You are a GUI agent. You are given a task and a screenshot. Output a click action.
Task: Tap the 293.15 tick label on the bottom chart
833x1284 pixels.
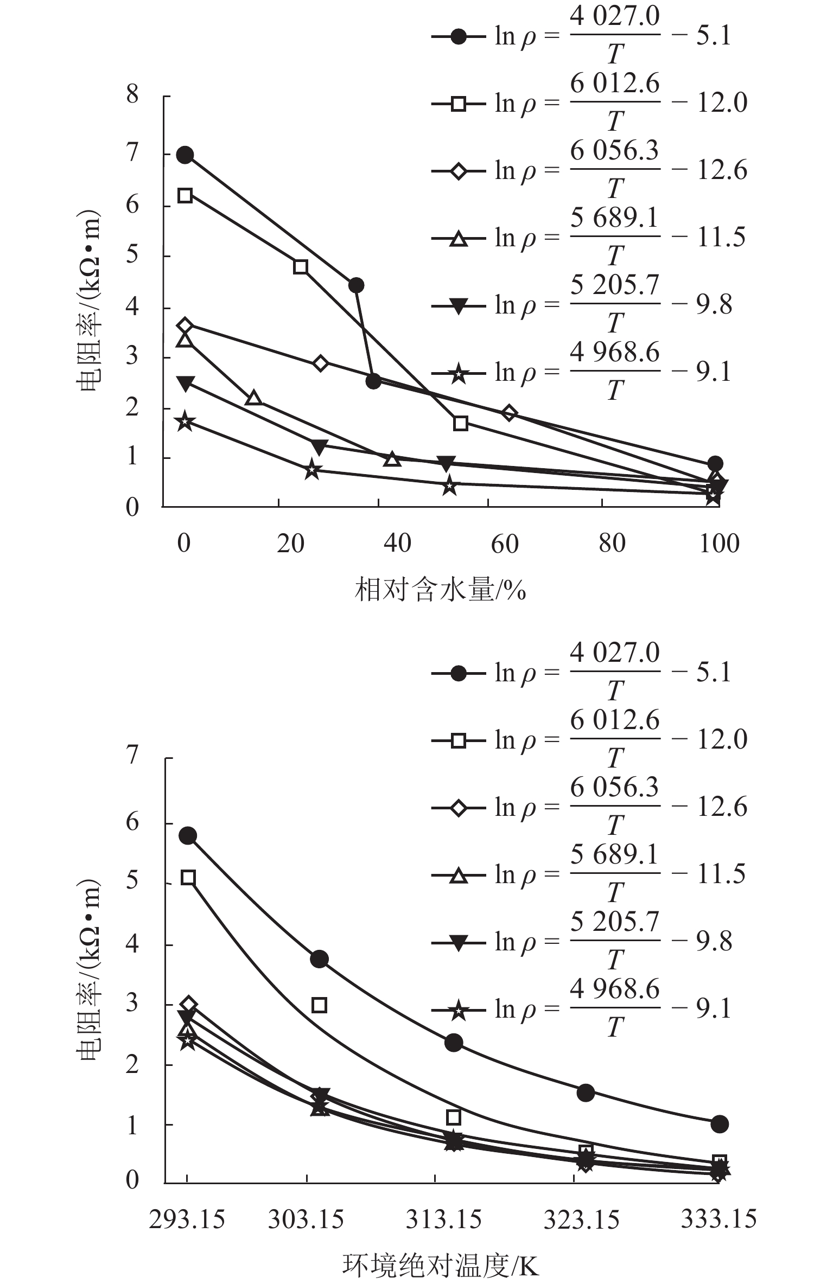(187, 1220)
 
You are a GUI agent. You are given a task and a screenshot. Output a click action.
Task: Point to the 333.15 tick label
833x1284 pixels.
(718, 1219)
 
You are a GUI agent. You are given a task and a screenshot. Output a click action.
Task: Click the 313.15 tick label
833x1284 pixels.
(443, 1220)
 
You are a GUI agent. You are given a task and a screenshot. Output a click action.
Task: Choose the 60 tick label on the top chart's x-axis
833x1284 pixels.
(505, 544)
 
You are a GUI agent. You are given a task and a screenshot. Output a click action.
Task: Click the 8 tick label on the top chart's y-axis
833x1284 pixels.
(132, 95)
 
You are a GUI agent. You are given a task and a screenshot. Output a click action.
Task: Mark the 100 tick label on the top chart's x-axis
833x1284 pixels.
(718, 544)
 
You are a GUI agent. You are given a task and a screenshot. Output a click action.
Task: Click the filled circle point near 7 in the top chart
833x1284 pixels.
(185, 156)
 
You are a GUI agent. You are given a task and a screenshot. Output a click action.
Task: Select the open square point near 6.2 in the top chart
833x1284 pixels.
(185, 195)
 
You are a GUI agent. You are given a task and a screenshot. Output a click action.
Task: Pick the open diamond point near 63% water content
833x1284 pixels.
(508, 413)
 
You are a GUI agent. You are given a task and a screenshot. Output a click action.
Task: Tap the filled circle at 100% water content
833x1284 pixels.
(715, 464)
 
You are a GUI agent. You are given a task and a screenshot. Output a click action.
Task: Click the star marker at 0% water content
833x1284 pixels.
(185, 421)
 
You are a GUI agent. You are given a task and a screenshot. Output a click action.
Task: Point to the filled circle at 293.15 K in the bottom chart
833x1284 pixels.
(188, 836)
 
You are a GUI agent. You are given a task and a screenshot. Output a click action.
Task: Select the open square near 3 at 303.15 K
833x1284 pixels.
(320, 1005)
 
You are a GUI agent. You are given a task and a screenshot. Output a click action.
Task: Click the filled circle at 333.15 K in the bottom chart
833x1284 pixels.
(719, 1124)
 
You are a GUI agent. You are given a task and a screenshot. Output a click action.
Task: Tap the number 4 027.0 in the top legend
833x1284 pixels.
(615, 16)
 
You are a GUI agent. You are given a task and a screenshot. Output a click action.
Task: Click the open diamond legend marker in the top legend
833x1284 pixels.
(459, 171)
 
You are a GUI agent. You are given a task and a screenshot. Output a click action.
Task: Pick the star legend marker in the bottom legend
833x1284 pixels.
(459, 1010)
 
